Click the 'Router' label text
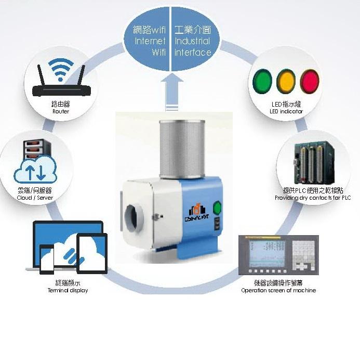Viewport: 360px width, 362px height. (x=61, y=111)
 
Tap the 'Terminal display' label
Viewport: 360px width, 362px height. (x=68, y=290)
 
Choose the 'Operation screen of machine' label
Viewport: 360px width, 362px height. (x=278, y=290)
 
